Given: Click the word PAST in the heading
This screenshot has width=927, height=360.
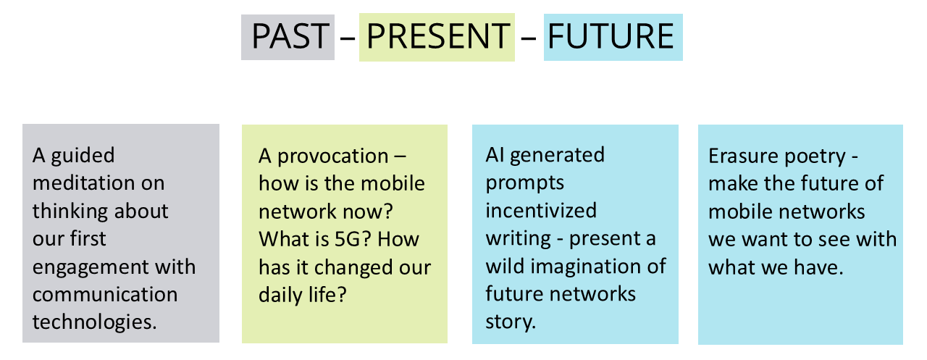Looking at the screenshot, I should [288, 36].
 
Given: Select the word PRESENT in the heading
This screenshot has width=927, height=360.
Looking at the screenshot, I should [437, 36].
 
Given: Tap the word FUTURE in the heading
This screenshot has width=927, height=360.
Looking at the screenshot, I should [613, 36].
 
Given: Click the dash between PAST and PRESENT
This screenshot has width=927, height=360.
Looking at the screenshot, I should [347, 37].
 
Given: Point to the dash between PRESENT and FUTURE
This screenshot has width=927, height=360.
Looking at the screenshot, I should [529, 37].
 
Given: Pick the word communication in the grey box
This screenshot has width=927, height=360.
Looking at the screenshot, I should [104, 295].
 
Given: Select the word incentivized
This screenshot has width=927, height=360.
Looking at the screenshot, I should [541, 211].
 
